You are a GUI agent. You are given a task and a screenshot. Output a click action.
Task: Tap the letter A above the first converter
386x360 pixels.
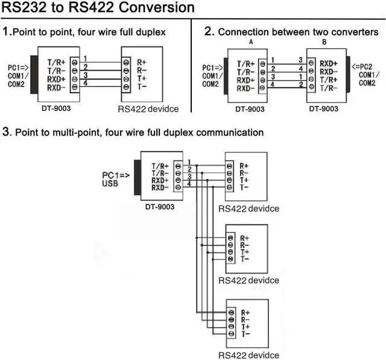pyautogui.click(x=250, y=43)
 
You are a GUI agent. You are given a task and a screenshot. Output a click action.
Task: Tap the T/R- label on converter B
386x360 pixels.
pyautogui.click(x=328, y=87)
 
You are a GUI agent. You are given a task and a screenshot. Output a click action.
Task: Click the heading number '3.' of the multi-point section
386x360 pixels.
pyautogui.click(x=7, y=131)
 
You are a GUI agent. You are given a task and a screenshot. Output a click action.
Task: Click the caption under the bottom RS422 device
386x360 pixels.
pyautogui.click(x=249, y=355)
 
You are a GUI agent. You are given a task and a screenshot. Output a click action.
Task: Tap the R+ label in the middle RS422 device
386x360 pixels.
pyautogui.click(x=244, y=238)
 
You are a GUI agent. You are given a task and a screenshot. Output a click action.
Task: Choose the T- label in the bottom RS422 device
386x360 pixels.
pyautogui.click(x=245, y=334)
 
